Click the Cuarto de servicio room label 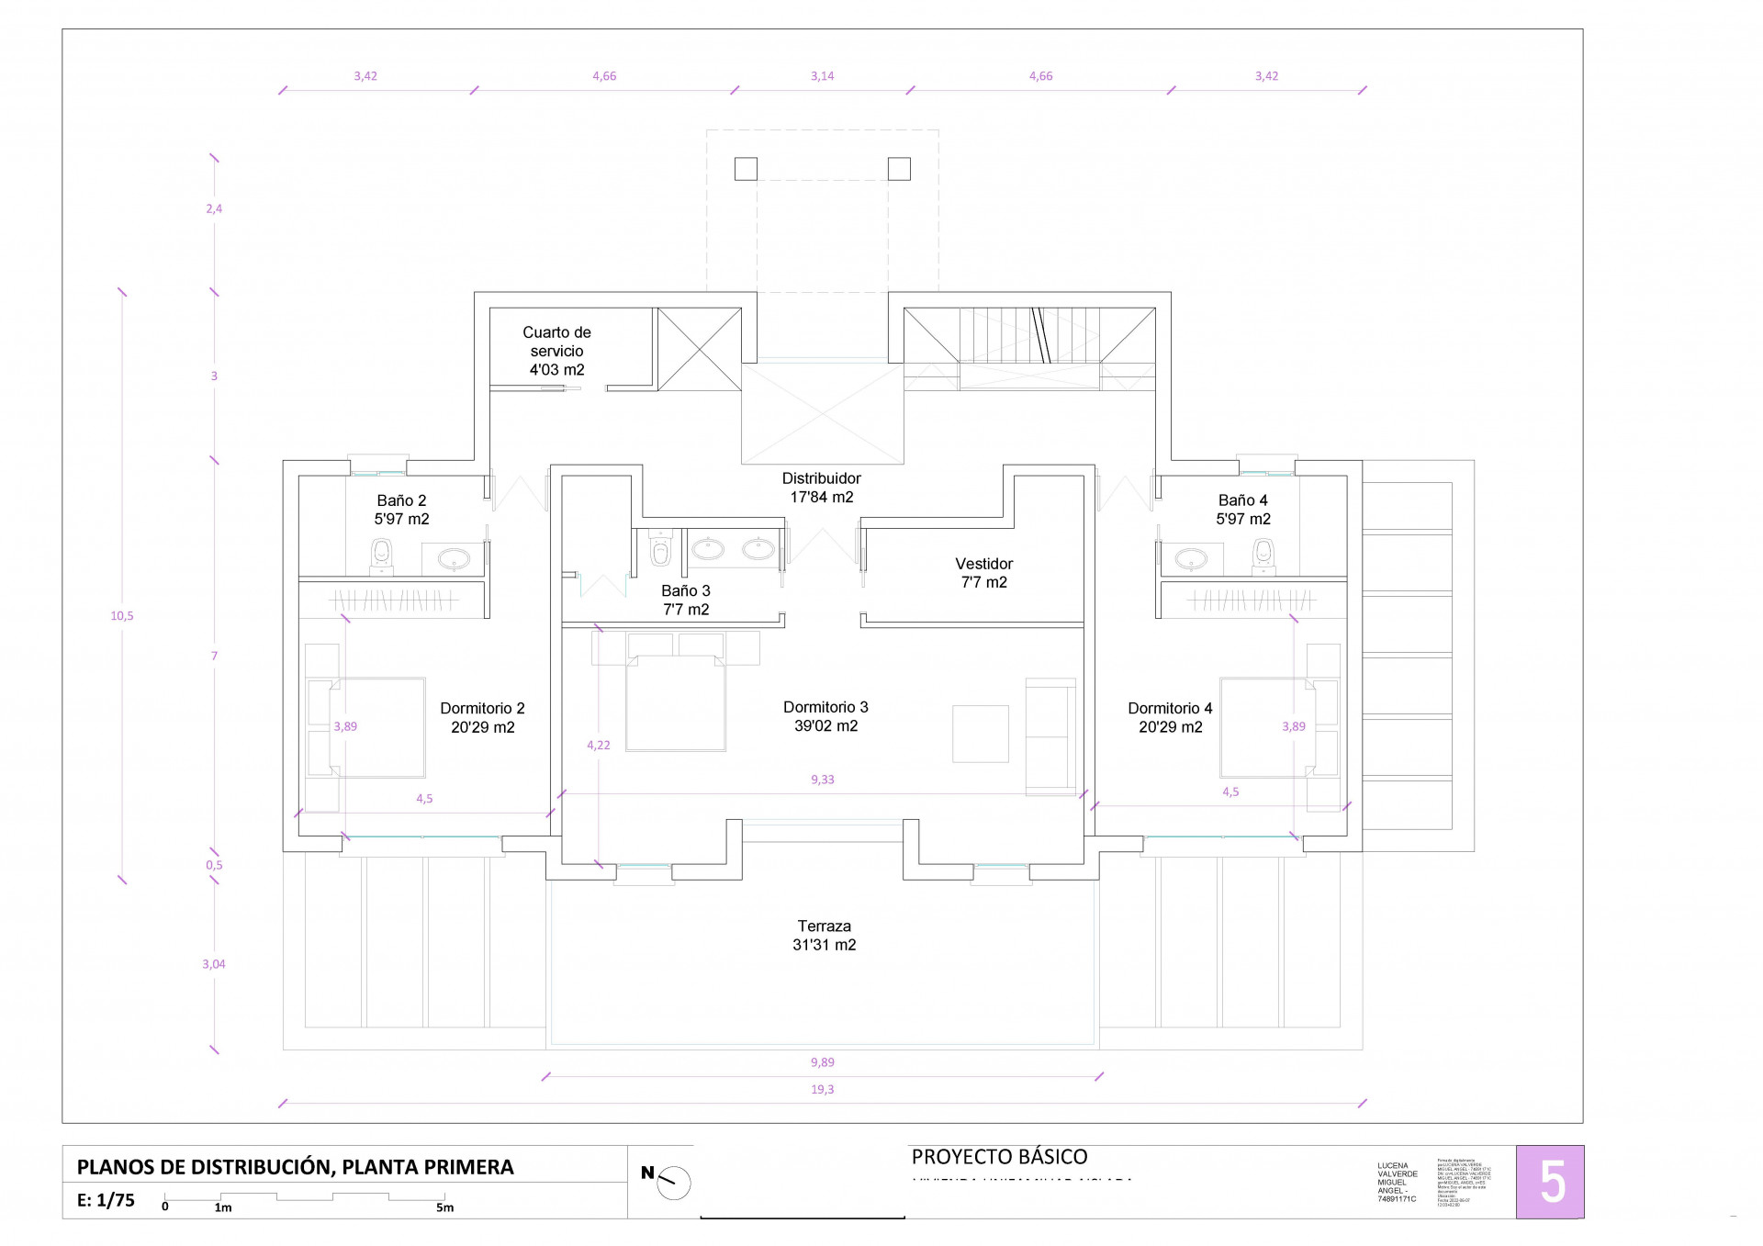pos(556,351)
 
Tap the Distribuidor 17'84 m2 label pos(822,488)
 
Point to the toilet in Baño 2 pos(381,555)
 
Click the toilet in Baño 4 pos(1263,555)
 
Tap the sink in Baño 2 pos(454,557)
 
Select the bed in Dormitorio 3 pos(676,703)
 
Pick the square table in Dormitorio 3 pos(980,733)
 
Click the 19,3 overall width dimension pos(822,1090)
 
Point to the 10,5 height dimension pos(122,616)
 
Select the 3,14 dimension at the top pos(822,76)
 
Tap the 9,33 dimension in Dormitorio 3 pos(822,780)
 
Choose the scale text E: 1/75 pos(106,1200)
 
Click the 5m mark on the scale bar pos(444,1207)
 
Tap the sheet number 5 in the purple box pos(1551,1182)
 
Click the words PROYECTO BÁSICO pos(999,1157)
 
